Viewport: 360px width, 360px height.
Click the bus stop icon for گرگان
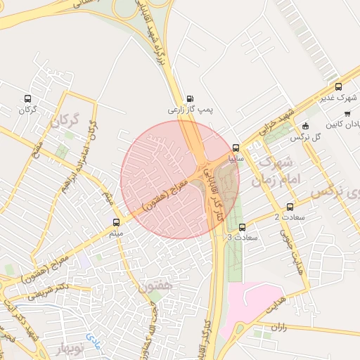[x=27, y=99]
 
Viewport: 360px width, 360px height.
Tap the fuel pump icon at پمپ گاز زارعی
[x=190, y=99]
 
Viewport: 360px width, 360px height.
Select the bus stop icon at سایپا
[x=235, y=148]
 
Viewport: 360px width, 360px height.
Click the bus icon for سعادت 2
[x=290, y=206]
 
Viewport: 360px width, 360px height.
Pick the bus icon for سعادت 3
[x=243, y=227]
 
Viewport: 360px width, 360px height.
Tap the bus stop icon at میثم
[x=116, y=222]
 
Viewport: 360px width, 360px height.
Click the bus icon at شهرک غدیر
[x=339, y=87]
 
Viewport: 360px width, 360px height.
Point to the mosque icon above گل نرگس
[x=304, y=127]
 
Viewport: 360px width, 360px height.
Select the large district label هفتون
[x=155, y=286]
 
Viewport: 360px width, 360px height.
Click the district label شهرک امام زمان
[x=280, y=172]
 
